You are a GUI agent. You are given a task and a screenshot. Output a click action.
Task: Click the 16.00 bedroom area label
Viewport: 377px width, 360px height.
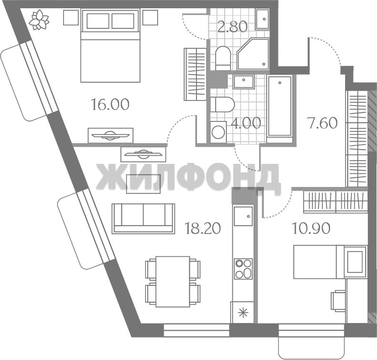(110, 104)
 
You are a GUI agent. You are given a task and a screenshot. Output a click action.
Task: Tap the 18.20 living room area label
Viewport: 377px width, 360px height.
(203, 228)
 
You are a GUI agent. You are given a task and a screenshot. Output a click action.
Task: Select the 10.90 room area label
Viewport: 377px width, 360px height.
(311, 228)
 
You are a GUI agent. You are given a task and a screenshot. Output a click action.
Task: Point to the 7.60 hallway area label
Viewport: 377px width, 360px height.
(323, 123)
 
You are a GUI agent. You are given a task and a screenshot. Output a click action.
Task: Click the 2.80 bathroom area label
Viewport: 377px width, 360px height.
(232, 27)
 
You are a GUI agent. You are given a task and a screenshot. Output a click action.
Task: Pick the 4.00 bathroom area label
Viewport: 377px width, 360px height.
(246, 123)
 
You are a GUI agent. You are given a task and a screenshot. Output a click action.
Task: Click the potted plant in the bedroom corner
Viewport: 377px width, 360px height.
(39, 19)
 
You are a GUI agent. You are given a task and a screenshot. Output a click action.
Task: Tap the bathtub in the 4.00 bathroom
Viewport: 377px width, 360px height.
(280, 109)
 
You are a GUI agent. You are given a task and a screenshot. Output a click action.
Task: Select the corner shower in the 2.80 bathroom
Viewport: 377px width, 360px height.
(253, 54)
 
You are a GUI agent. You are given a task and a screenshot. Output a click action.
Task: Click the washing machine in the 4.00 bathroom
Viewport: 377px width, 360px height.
(218, 133)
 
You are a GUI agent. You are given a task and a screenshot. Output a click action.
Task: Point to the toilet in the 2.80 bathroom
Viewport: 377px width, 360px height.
(223, 58)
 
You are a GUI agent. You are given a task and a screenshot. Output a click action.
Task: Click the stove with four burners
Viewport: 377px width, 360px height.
(243, 269)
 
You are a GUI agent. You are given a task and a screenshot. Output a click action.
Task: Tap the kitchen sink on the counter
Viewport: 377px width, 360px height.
(243, 216)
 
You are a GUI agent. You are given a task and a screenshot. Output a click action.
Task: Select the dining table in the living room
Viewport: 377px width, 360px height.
(173, 282)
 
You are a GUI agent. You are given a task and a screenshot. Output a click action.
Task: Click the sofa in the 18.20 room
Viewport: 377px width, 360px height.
(143, 218)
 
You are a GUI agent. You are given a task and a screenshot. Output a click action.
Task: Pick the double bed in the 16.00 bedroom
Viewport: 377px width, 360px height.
(110, 46)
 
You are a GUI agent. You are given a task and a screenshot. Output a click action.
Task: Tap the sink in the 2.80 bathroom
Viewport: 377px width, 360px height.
(262, 19)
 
